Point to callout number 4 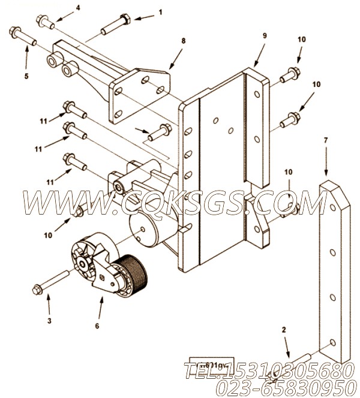tap(77, 8)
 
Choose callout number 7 tap(326, 141)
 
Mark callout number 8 tap(184, 41)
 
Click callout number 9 tap(264, 35)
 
